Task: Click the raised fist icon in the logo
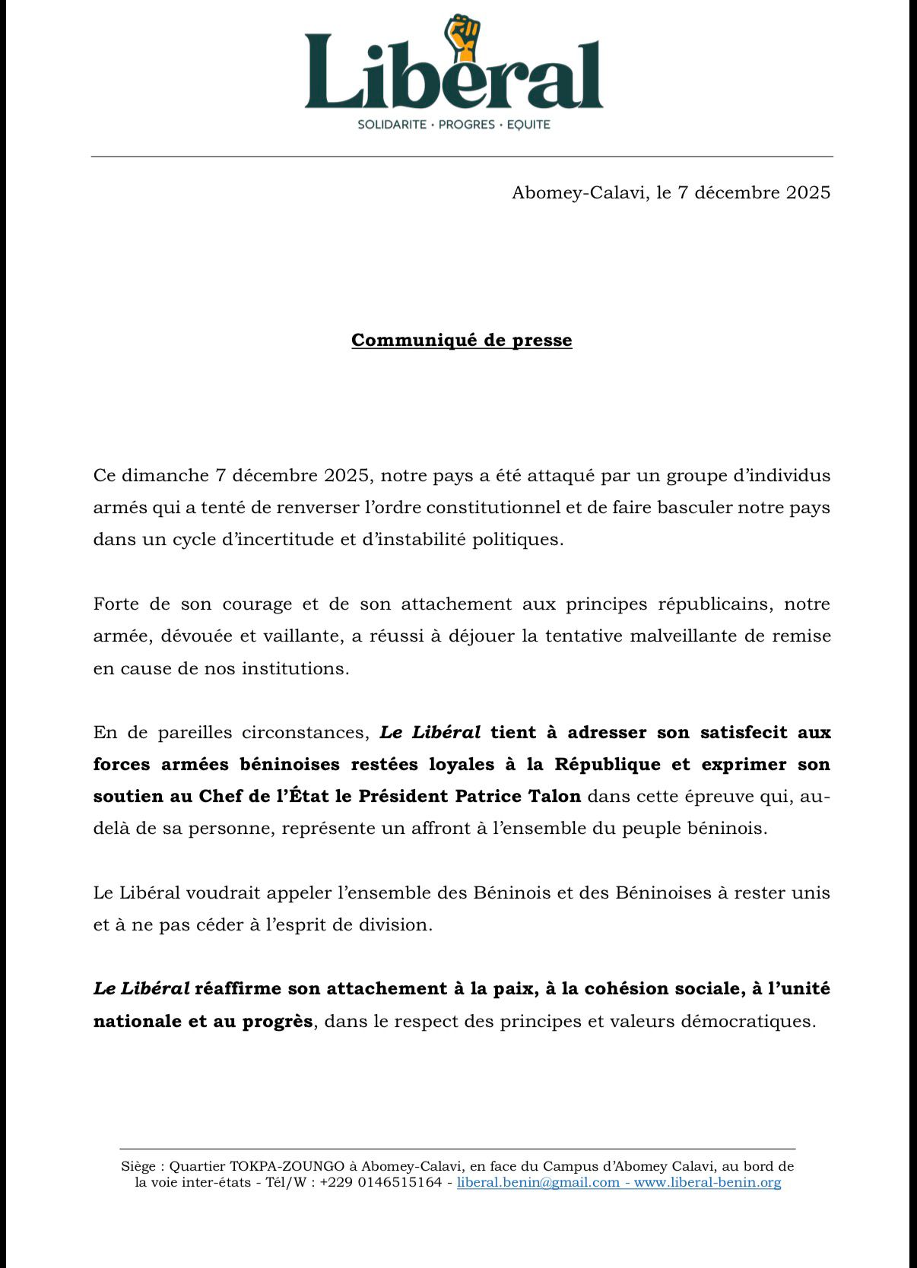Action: (463, 38)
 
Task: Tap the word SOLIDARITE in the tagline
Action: (392, 124)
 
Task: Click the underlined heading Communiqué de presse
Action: (462, 340)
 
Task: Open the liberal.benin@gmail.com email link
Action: (538, 1182)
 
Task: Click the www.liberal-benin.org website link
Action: (707, 1182)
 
